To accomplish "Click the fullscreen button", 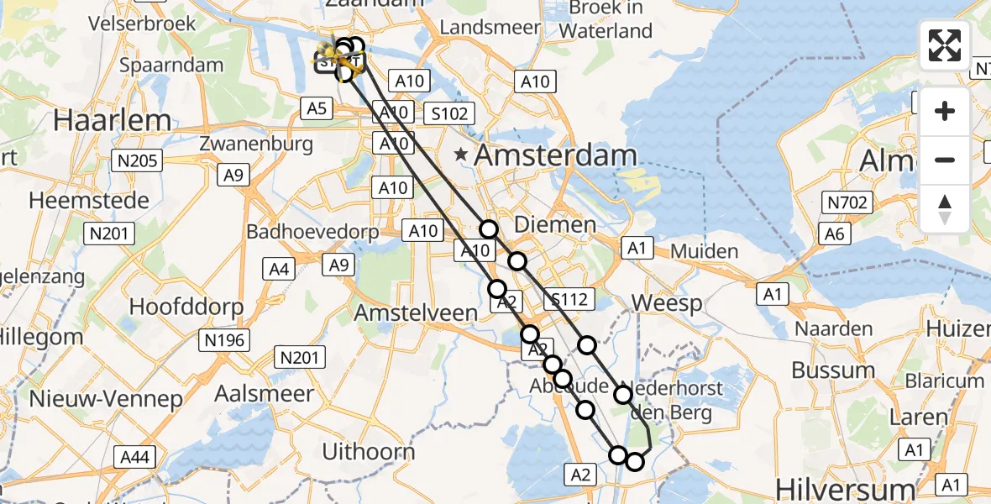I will point(945,45).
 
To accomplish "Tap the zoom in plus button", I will point(945,111).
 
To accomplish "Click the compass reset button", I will point(945,209).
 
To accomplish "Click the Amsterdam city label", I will point(555,155).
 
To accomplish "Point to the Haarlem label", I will point(112,120).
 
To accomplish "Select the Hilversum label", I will point(845,489).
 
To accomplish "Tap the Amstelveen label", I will point(416,312).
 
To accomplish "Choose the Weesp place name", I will point(667,302).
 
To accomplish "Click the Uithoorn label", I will point(369,452).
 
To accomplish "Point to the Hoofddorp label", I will point(186,306).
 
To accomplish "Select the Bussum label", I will point(833,370).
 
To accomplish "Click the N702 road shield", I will point(849,202).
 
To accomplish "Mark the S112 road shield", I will point(569,298).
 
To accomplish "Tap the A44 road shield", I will point(134,457).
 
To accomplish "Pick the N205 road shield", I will point(137,160).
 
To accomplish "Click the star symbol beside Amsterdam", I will point(461,155).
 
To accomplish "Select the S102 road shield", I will point(449,113).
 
